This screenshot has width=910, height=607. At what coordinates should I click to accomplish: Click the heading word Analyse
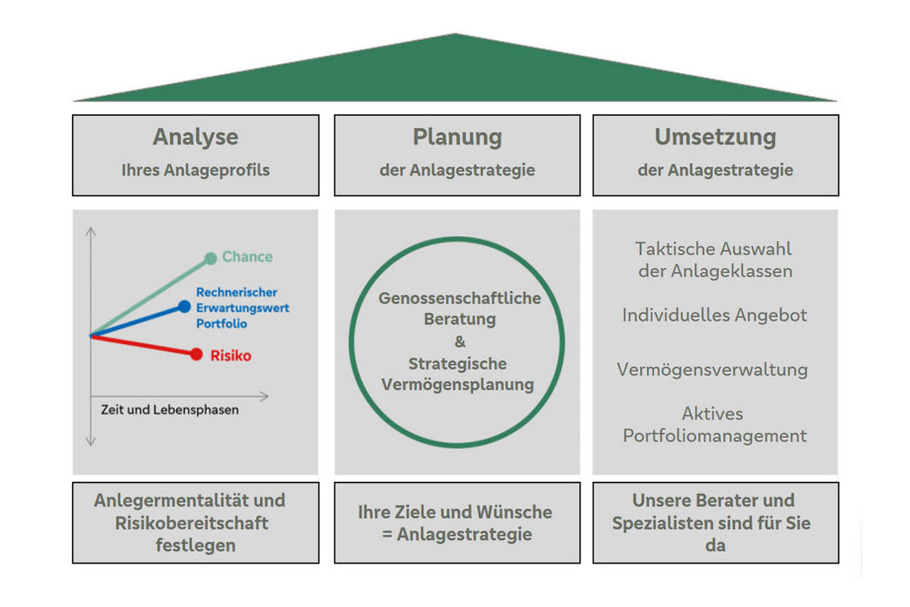point(196,136)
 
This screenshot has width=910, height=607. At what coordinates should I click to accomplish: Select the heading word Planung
point(457,136)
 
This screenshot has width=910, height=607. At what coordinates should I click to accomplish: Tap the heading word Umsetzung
point(715,136)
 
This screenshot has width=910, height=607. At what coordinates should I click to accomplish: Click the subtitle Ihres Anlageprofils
point(196,171)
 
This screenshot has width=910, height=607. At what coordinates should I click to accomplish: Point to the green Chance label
point(247,257)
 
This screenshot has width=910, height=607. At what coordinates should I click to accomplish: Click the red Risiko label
point(230,355)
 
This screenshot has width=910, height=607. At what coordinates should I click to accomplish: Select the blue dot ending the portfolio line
point(184,306)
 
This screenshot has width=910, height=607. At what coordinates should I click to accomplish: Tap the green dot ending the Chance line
point(210,258)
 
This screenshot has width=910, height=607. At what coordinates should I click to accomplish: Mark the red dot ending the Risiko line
point(196,354)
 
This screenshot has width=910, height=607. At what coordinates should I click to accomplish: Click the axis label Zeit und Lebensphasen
point(170,410)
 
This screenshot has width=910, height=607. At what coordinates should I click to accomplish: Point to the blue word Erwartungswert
point(242,308)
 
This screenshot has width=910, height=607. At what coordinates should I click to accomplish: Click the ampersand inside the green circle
point(459,342)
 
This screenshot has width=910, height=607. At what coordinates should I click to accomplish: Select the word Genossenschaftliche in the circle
point(459,298)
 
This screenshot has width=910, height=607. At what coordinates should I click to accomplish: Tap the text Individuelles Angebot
point(714,315)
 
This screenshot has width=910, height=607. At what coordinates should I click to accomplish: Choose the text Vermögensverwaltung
point(713,370)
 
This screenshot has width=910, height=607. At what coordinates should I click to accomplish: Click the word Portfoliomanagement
point(714,436)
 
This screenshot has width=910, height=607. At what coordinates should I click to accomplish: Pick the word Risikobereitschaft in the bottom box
point(191,523)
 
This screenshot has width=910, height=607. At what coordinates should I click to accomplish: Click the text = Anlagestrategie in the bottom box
point(456,534)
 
